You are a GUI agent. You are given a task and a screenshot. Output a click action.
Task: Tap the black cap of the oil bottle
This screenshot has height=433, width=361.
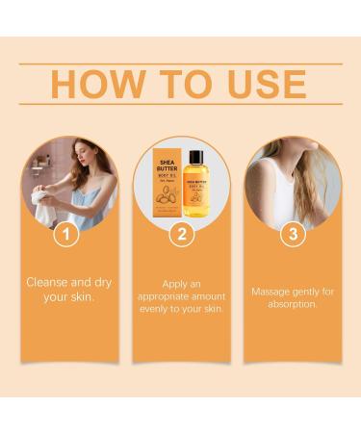pos(195,154)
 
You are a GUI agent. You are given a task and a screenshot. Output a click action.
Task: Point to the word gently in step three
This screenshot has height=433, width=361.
pos(306,290)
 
